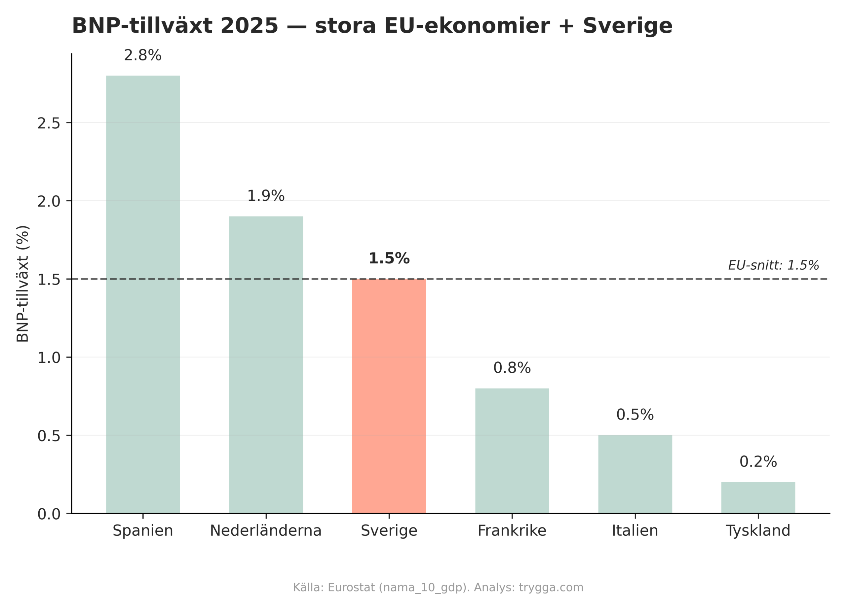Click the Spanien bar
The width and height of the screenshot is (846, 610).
tap(143, 294)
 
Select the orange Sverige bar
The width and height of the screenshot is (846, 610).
tap(389, 396)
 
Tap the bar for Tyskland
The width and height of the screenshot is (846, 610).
tap(758, 497)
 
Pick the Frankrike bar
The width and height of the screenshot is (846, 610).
tap(512, 451)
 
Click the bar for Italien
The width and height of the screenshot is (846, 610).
tap(635, 474)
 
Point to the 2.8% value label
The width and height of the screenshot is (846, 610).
tap(143, 56)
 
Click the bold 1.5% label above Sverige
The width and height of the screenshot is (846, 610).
tap(389, 258)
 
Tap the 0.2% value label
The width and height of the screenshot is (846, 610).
tap(758, 462)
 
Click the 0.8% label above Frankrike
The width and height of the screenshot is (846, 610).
tap(512, 368)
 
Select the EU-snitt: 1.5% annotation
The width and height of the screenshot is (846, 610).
tap(773, 265)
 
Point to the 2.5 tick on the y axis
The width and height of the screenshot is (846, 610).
tap(49, 123)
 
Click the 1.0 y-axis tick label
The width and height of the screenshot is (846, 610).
tap(49, 358)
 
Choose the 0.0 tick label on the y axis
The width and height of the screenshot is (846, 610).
tap(49, 514)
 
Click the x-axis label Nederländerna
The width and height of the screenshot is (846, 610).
tap(266, 531)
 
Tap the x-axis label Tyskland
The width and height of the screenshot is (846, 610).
tap(758, 531)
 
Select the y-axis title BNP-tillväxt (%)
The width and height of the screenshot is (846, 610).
tap(23, 283)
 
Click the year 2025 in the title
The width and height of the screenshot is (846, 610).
tap(249, 26)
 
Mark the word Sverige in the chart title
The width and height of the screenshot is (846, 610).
tap(628, 26)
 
